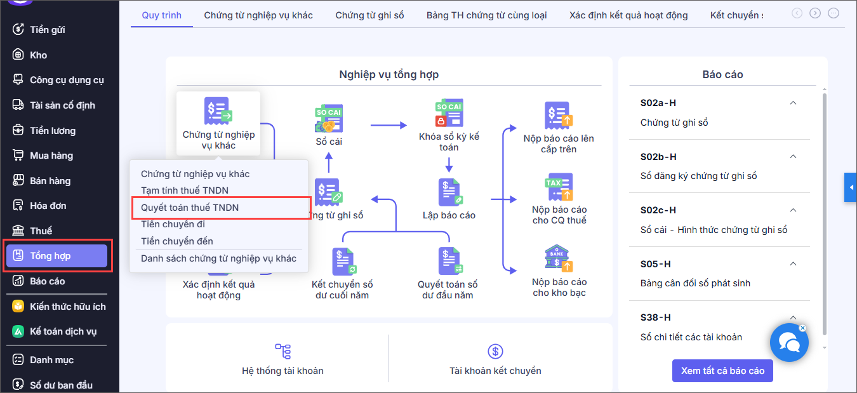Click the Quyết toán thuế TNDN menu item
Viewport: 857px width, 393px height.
point(190,208)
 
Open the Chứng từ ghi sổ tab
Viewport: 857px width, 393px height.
point(369,15)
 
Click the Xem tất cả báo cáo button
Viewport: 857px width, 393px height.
point(722,370)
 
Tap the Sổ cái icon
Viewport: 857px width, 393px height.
point(329,118)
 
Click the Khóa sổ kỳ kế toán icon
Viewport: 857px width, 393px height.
point(449,113)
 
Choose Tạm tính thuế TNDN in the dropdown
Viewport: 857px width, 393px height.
point(184,190)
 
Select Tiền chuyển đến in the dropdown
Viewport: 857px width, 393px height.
point(176,241)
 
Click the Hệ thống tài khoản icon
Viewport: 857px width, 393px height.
point(282,351)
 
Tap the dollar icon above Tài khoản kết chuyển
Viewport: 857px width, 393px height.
point(495,351)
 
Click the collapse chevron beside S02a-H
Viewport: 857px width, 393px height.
point(793,103)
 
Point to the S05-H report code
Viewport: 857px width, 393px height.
point(655,264)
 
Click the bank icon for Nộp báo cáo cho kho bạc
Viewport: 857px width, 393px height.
point(559,258)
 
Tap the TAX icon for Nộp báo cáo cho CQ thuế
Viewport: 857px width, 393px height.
point(559,187)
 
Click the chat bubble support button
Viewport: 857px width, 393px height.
point(789,343)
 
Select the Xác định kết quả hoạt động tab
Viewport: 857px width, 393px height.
point(628,15)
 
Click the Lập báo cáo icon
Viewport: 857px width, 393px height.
point(449,192)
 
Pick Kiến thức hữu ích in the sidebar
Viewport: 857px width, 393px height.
point(59,306)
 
